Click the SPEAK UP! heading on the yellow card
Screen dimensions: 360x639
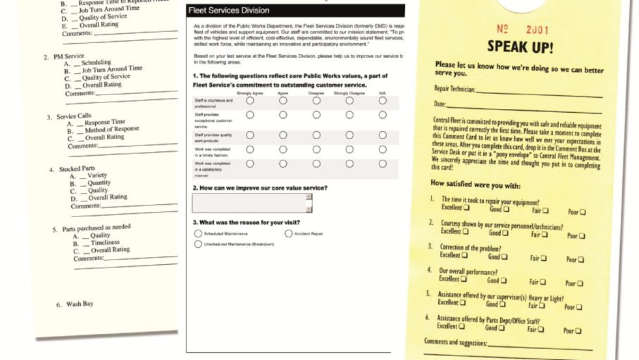[520, 48]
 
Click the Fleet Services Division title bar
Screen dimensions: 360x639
[294, 11]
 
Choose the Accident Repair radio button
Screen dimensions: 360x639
[288, 233]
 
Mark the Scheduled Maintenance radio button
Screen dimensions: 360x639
[198, 233]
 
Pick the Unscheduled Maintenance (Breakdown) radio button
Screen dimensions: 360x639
[198, 244]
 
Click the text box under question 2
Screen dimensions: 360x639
[259, 203]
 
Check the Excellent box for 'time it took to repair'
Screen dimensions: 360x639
[466, 209]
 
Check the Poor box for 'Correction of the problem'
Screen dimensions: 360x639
[582, 260]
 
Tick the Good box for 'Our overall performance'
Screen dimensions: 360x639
[504, 280]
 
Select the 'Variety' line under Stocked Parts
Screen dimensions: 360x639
[97, 175]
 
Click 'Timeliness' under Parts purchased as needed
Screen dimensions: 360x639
[105, 243]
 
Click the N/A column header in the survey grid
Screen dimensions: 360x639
[382, 93]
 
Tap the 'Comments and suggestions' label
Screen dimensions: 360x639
[455, 342]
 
